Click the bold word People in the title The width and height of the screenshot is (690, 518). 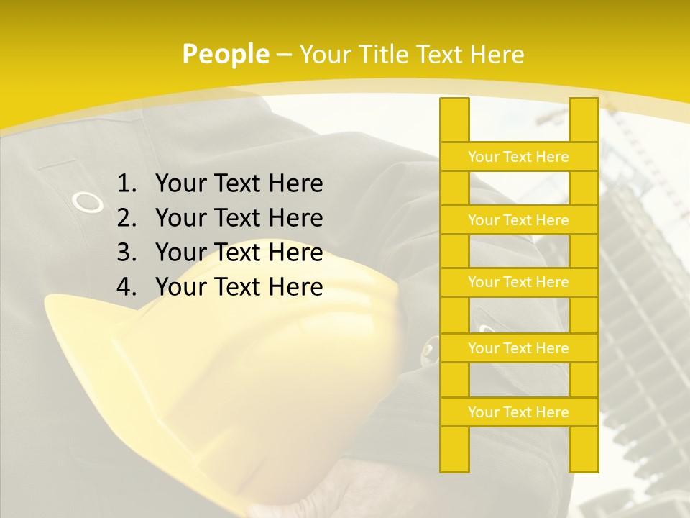(226, 54)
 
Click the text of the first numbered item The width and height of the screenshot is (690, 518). (239, 184)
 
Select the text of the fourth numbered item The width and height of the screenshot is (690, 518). (239, 287)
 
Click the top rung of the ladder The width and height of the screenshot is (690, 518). (518, 157)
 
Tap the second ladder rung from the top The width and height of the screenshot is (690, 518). (518, 220)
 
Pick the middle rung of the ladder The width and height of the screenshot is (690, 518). (518, 282)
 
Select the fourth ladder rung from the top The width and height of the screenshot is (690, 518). (518, 348)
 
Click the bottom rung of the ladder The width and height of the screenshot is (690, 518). (518, 412)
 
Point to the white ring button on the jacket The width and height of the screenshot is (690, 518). (88, 202)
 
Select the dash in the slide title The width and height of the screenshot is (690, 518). (284, 55)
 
